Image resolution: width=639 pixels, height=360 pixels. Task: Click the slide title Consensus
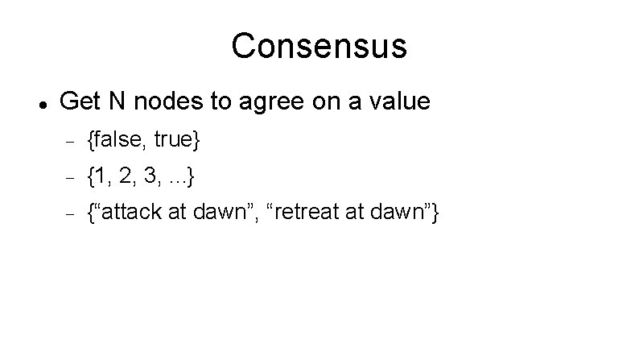point(319,46)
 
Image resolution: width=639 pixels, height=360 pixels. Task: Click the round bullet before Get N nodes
point(40,104)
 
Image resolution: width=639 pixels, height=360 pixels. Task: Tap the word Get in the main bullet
point(79,101)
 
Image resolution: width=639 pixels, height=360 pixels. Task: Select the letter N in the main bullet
point(115,101)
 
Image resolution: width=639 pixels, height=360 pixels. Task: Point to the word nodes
point(159,102)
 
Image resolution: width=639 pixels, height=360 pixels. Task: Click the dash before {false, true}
point(69,142)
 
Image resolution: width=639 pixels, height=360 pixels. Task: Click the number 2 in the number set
point(127,176)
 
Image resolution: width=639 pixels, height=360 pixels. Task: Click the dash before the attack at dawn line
point(69,214)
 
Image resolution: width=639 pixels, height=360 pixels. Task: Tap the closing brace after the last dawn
point(435,213)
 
